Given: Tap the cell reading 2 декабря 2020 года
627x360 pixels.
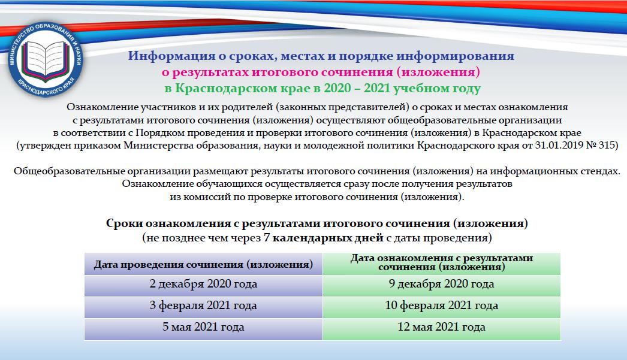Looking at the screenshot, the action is click(x=203, y=284).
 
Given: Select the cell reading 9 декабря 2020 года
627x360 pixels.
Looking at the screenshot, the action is click(x=441, y=284).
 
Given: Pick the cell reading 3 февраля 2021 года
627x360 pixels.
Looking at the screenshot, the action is click(x=203, y=305).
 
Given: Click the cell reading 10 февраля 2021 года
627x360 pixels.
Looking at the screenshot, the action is click(x=441, y=305).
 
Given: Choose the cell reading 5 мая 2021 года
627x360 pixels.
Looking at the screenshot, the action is click(x=203, y=327).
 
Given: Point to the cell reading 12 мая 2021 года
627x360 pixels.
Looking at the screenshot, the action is click(x=441, y=327).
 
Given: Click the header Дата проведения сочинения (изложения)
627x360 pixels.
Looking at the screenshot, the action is click(x=203, y=264).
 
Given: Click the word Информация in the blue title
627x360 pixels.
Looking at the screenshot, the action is click(x=171, y=56).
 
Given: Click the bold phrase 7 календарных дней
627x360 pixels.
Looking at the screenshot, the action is click(x=324, y=238).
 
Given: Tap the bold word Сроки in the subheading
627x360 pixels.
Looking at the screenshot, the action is click(x=124, y=223).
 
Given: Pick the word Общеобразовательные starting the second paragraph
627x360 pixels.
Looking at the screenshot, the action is click(x=69, y=171).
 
